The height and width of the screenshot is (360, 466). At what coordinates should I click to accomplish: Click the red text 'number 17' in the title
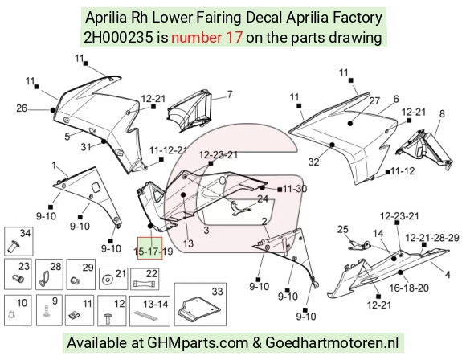coord(206,38)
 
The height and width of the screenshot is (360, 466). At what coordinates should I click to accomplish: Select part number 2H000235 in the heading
coord(119,38)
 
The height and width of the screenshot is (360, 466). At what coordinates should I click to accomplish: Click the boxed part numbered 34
coord(18,241)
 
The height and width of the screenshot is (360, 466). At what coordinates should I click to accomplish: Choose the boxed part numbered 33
coord(200,304)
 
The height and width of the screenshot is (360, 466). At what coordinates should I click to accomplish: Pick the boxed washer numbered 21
coord(113,279)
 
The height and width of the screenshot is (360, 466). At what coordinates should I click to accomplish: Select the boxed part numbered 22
coord(145,279)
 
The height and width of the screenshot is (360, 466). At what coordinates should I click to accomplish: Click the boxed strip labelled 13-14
coord(149,311)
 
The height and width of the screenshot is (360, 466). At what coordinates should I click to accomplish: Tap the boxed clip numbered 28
coord(49,274)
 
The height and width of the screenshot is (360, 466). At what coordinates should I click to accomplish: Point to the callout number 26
coord(22,108)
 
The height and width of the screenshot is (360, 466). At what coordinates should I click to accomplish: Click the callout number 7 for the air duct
coord(230,95)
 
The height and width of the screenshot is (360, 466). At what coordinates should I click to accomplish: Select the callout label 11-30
coord(295,189)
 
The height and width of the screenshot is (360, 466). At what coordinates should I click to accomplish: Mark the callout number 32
coord(313,162)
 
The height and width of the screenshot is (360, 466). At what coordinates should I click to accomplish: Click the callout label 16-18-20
coord(409,288)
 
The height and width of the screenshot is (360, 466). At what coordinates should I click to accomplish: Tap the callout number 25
coord(342,229)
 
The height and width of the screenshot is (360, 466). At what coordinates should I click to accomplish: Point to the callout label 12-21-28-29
coord(432,238)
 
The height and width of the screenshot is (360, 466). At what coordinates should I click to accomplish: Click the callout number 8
coord(442,113)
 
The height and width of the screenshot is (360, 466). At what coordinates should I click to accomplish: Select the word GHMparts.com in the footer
coord(198,343)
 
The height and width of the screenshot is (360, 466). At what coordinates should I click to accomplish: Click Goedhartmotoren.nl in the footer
coord(332,343)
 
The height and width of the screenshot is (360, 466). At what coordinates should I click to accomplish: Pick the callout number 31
coord(86,147)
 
